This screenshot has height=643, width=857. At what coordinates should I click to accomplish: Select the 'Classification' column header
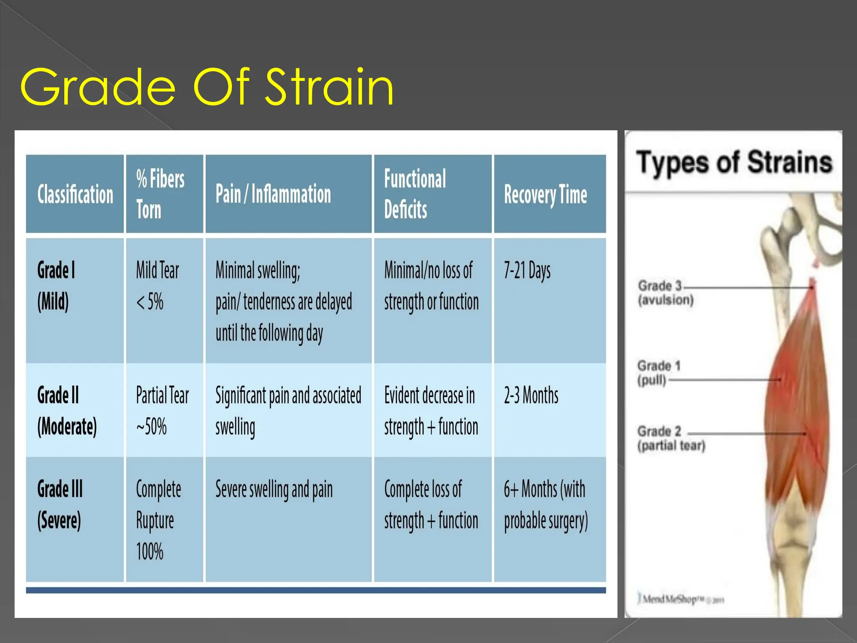75,194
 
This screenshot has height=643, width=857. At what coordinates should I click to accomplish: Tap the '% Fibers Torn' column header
160,194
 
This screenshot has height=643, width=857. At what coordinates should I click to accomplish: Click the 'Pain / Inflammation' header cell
273,194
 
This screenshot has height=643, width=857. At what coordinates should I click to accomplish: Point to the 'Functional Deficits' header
415,194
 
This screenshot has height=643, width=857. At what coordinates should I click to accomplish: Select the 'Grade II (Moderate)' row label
67,411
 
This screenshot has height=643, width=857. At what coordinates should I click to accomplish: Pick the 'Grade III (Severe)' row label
60,504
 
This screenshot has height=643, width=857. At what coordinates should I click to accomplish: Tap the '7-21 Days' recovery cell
527,270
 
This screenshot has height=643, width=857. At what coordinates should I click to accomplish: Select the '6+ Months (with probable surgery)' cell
546,505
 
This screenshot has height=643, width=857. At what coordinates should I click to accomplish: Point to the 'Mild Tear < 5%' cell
157,285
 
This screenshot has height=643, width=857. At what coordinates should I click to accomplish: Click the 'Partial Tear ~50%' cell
162,411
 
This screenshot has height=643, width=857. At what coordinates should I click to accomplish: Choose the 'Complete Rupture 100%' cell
159,520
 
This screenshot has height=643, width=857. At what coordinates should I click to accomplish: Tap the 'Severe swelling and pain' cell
274,489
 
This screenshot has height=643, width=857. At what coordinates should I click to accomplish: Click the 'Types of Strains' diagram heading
734,162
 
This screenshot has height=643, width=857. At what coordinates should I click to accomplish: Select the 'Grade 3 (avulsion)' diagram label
665,293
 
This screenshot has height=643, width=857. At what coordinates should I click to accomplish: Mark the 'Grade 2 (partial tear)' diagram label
671,438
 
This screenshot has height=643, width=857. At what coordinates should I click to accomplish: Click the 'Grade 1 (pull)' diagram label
659,373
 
